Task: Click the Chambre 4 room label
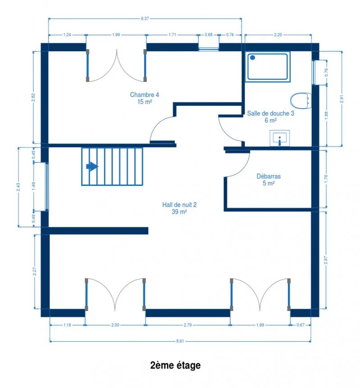click(x=145, y=98)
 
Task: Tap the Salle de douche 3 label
click(x=270, y=117)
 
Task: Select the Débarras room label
click(x=269, y=180)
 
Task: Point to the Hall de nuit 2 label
click(x=179, y=208)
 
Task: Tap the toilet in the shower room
click(x=301, y=100)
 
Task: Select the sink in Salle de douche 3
click(x=279, y=138)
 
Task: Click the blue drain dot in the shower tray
click(x=252, y=58)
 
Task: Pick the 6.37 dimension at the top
click(x=145, y=18)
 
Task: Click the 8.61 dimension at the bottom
click(x=180, y=341)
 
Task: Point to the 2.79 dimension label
click(x=187, y=325)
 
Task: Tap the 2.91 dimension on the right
click(x=342, y=99)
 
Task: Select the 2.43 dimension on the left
click(x=18, y=187)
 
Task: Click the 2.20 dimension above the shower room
click(x=278, y=35)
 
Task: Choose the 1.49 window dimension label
click(x=34, y=186)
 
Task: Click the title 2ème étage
click(x=175, y=365)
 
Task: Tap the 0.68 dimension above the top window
click(x=208, y=35)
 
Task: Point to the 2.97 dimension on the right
click(x=326, y=260)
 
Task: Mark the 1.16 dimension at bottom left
click(x=67, y=325)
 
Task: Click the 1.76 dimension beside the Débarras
click(x=326, y=179)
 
